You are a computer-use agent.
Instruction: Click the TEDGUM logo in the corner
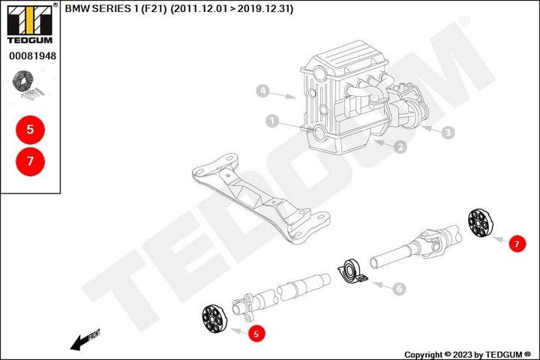(x=30, y=24)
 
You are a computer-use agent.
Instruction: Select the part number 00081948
(x=32, y=55)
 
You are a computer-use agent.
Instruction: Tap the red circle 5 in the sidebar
(x=30, y=130)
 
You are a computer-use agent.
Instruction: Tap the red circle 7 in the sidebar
(x=30, y=161)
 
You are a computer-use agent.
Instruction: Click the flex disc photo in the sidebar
(x=28, y=85)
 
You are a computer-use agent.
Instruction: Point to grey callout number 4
(x=262, y=91)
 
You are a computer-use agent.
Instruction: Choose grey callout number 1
(x=272, y=121)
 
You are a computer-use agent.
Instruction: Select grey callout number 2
(x=400, y=147)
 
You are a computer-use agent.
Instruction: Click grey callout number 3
(x=448, y=132)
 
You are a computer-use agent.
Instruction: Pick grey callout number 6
(x=400, y=288)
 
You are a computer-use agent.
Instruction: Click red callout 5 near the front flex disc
(x=256, y=334)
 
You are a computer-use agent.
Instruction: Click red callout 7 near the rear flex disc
(x=517, y=244)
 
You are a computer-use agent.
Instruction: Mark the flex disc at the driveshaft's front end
(x=214, y=319)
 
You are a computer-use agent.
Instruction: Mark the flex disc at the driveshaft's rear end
(x=481, y=223)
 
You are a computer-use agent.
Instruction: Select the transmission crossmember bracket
(x=261, y=199)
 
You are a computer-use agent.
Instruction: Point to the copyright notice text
(x=467, y=355)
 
